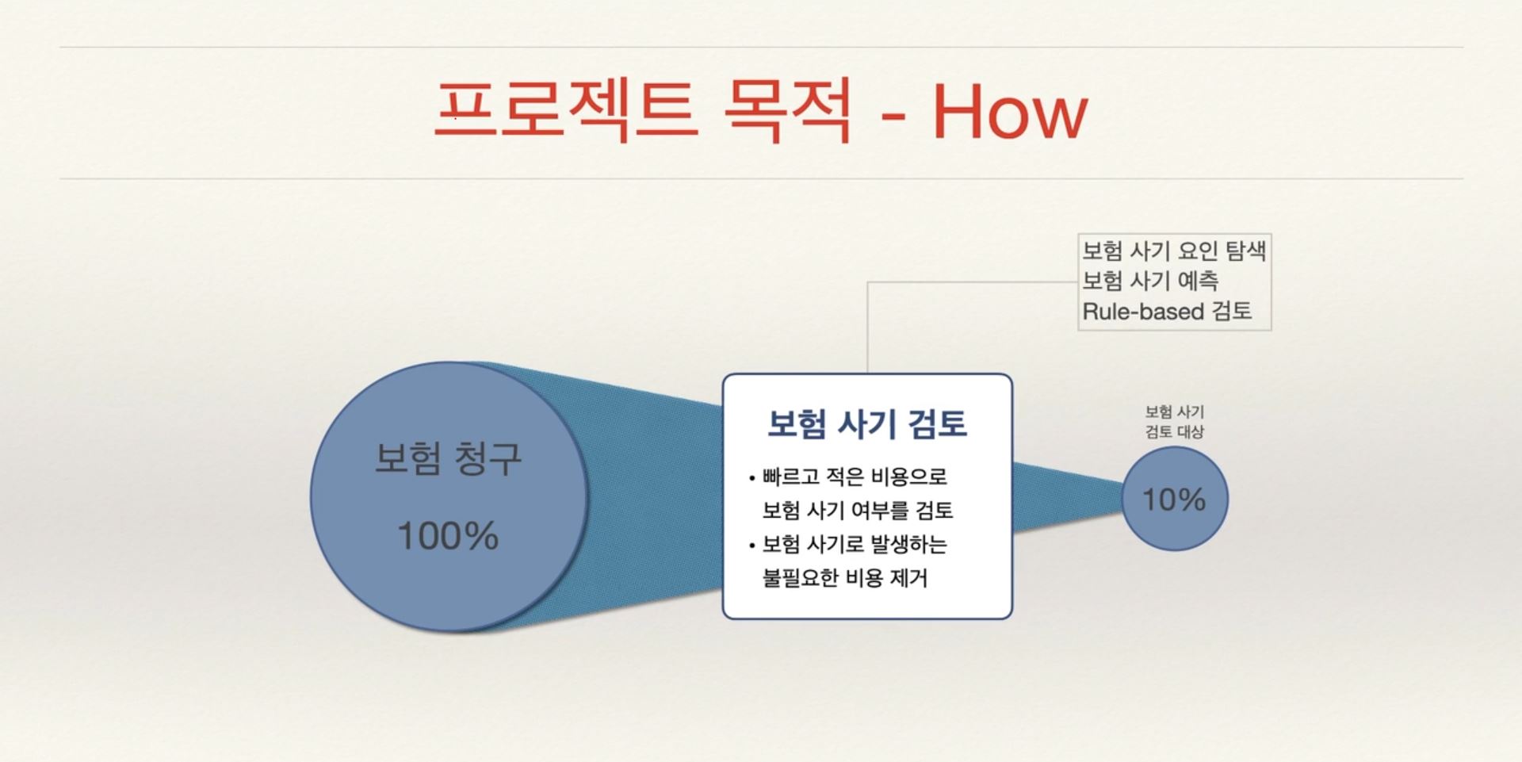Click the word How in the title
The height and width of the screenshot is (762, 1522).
coord(1009,112)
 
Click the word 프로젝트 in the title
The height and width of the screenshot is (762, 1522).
coord(566,110)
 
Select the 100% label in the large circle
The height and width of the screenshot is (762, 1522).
coord(448,536)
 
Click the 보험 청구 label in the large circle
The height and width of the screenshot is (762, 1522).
coord(448,458)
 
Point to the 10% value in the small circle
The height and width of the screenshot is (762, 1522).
coord(1174,500)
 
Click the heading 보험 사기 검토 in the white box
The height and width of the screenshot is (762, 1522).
coord(867,424)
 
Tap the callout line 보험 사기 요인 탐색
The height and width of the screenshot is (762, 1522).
coord(1174,251)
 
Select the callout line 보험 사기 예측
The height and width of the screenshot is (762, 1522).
coord(1150,281)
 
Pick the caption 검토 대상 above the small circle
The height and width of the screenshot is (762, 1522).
coord(1174,432)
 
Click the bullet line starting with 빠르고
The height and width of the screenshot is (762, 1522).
coord(855,477)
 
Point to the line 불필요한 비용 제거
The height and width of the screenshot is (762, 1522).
coord(844,577)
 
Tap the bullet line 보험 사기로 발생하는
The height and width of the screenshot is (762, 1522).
coord(855,544)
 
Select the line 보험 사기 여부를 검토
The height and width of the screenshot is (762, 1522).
coord(857,510)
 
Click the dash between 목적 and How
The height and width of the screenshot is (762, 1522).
coord(893,117)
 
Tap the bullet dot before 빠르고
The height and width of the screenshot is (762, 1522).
coord(751,478)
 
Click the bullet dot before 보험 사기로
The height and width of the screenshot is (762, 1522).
coord(751,546)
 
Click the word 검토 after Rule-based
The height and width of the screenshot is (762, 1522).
coord(1232,312)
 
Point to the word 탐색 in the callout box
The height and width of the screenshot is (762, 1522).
coord(1245,251)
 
